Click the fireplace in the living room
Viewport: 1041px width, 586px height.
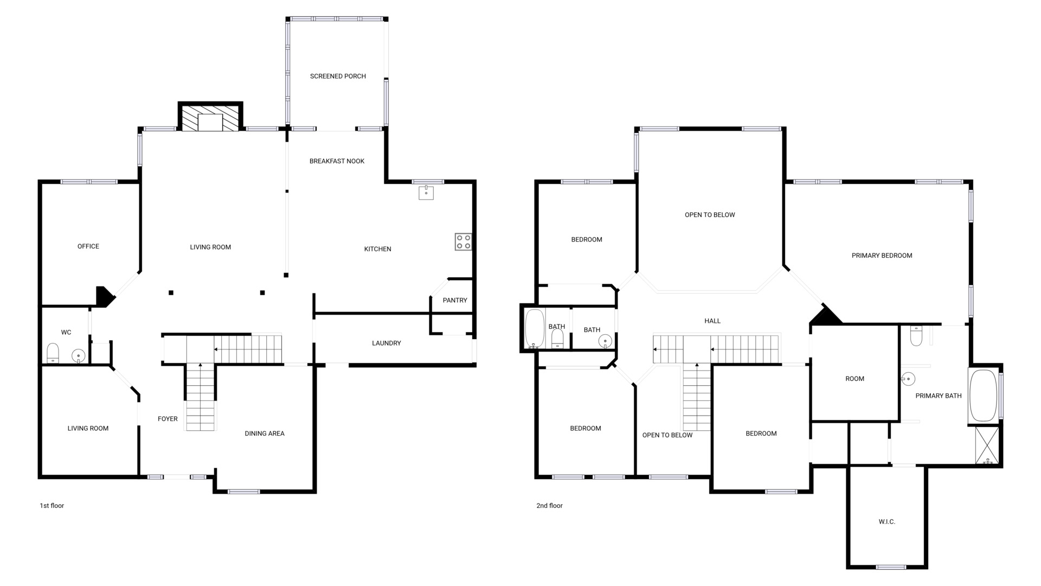click(210, 117)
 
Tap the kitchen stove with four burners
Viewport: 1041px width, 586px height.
click(463, 242)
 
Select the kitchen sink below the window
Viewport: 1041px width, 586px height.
click(426, 193)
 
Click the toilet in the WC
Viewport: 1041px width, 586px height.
click(53, 353)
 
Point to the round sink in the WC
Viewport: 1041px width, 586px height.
click(79, 356)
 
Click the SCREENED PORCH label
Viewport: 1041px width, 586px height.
click(338, 77)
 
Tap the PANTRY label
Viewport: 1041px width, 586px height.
click(455, 301)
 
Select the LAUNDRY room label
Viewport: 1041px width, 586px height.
click(387, 343)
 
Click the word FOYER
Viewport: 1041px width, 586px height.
click(168, 419)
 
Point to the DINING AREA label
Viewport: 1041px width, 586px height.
click(265, 434)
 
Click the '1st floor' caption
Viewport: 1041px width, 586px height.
click(52, 506)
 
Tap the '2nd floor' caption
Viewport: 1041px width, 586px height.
click(550, 506)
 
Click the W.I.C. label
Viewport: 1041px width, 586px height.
click(887, 522)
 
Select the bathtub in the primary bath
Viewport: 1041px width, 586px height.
click(983, 396)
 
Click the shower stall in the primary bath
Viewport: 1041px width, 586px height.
click(987, 445)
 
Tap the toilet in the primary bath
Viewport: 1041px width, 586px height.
click(916, 335)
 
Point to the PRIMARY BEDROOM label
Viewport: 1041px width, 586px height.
click(882, 256)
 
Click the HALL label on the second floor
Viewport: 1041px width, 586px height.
click(712, 321)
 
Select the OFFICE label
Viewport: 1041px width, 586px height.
click(88, 246)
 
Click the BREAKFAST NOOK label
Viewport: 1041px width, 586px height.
click(337, 161)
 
